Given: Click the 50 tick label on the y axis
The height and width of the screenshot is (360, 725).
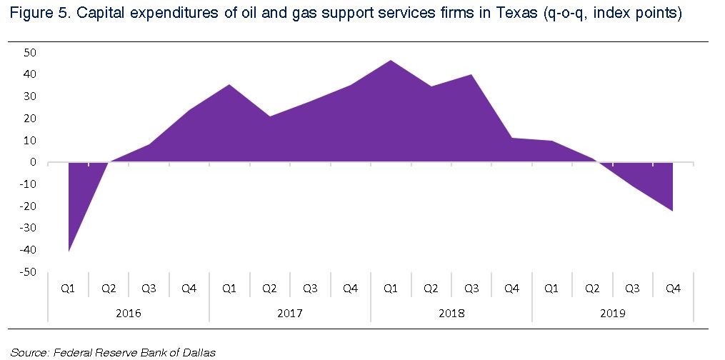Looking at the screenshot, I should pyautogui.click(x=30, y=52).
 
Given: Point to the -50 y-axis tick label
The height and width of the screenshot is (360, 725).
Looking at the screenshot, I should pyautogui.click(x=28, y=272).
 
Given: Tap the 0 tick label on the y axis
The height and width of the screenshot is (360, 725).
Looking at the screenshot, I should pyautogui.click(x=33, y=162).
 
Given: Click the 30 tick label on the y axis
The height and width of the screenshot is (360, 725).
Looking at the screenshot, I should pyautogui.click(x=30, y=96).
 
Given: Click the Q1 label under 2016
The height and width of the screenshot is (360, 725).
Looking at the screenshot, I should pyautogui.click(x=68, y=289).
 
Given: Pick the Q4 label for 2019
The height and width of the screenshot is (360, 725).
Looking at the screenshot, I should pyautogui.click(x=673, y=289).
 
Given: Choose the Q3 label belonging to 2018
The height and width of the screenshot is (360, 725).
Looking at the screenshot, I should pyautogui.click(x=471, y=289).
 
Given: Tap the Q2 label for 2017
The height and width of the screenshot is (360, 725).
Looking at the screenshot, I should pyautogui.click(x=269, y=289).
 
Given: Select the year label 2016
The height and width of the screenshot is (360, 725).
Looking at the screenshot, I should pyautogui.click(x=128, y=314).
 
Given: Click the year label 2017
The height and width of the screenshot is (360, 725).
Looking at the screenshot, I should pyautogui.click(x=289, y=314).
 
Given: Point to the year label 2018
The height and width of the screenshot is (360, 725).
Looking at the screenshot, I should pyautogui.click(x=451, y=314).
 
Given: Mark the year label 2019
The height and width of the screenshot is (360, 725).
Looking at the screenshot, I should pyautogui.click(x=612, y=314).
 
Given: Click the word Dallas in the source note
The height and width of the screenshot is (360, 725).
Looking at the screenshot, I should pyautogui.click(x=199, y=352).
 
